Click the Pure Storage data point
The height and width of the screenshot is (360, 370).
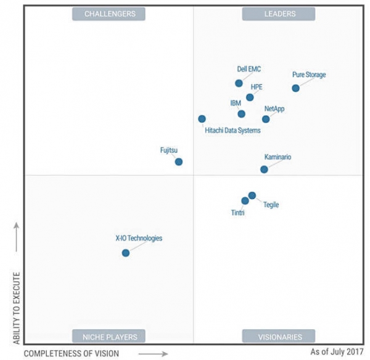[295, 88]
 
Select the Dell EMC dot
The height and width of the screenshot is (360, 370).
[239, 83]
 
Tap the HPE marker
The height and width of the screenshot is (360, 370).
[250, 97]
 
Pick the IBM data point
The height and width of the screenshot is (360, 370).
[241, 114]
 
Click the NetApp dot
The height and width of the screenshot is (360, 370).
[266, 119]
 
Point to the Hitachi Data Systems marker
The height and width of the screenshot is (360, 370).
[202, 119]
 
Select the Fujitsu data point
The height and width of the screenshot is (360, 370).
[179, 162]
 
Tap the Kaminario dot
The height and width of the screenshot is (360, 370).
[264, 170]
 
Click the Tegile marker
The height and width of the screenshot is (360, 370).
[252, 195]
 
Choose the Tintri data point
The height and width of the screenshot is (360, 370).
[245, 201]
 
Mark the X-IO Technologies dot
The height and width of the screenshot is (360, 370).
[126, 253]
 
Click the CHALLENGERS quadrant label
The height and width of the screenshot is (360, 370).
[109, 14]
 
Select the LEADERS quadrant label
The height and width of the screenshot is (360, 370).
[278, 14]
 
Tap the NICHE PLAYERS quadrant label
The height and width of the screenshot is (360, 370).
[109, 337]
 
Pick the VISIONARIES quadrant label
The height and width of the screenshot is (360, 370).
[278, 337]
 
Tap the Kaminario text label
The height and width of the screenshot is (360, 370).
[277, 157]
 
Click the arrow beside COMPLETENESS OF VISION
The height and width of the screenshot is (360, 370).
[153, 354]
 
